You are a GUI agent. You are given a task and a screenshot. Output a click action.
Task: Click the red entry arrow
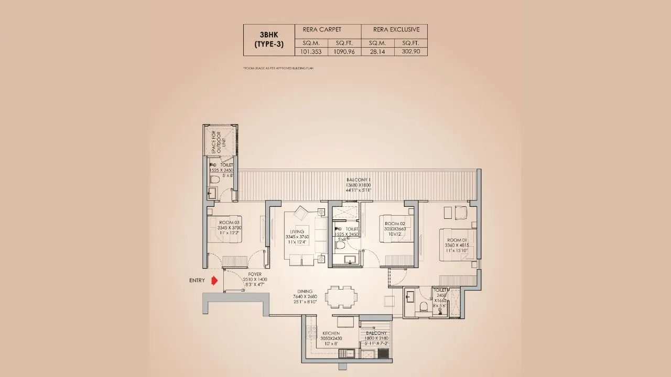point(214,281)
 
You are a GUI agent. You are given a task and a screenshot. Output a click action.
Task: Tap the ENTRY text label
point(197,281)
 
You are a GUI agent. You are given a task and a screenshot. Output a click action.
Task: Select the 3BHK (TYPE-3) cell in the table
point(269,40)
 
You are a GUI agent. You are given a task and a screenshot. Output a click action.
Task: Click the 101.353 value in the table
point(312,52)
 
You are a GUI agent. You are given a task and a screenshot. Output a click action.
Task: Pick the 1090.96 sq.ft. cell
point(344,52)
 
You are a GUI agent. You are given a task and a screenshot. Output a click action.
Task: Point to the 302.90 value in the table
point(410,52)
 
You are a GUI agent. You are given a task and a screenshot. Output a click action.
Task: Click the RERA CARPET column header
point(328,30)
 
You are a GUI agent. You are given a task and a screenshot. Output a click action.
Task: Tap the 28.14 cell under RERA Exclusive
point(377,52)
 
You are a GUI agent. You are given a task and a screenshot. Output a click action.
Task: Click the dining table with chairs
point(340,297)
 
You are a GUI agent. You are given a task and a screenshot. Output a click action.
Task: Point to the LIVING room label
point(297,231)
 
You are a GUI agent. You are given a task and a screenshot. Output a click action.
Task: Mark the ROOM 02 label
point(395,224)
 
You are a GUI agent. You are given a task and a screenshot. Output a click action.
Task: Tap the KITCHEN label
point(331,333)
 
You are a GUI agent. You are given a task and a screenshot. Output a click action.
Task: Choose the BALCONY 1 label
point(358,179)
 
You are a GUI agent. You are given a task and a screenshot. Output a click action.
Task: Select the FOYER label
point(255,274)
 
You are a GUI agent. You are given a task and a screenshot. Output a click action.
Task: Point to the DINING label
point(304,292)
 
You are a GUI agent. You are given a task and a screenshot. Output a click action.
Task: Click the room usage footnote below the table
point(278,68)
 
